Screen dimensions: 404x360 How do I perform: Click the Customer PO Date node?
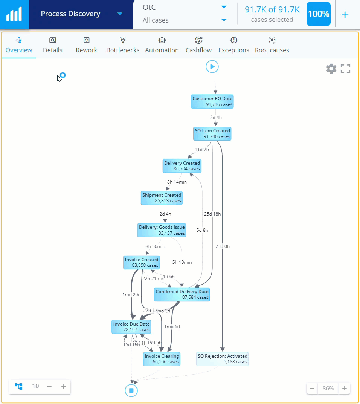tap(212, 101)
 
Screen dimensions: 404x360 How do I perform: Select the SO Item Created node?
tap(212, 133)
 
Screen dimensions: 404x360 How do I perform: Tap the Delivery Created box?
tap(182, 166)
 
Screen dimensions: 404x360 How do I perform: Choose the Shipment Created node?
tap(162, 198)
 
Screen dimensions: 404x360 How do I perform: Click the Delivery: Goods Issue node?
tap(162, 230)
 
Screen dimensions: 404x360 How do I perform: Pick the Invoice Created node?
tap(141, 262)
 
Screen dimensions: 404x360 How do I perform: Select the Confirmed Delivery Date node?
tap(182, 294)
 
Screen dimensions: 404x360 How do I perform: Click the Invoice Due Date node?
tap(131, 327)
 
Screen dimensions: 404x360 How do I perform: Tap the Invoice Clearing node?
tap(162, 359)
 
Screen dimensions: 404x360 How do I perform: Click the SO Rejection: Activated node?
tap(223, 359)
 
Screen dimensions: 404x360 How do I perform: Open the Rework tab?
tap(86, 45)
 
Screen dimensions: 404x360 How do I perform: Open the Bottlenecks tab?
tap(123, 45)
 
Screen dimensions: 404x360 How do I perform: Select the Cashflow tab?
tap(198, 45)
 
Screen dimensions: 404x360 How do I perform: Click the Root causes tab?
tap(272, 45)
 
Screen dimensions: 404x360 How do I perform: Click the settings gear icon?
tap(331, 69)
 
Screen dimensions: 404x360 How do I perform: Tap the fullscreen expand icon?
tap(345, 69)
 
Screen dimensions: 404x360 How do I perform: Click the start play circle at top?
tap(212, 67)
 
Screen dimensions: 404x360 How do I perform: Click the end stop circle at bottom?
tap(131, 390)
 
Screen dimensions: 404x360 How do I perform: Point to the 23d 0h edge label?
tap(222, 246)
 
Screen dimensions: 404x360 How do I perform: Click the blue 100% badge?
tap(318, 14)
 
